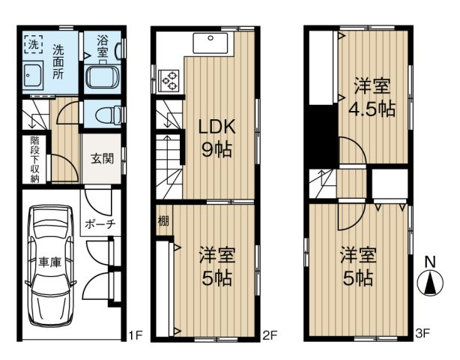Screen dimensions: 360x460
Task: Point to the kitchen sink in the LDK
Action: [213, 45]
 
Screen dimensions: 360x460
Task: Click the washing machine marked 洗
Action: [34, 45]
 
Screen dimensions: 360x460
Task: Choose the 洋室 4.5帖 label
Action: [372, 97]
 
